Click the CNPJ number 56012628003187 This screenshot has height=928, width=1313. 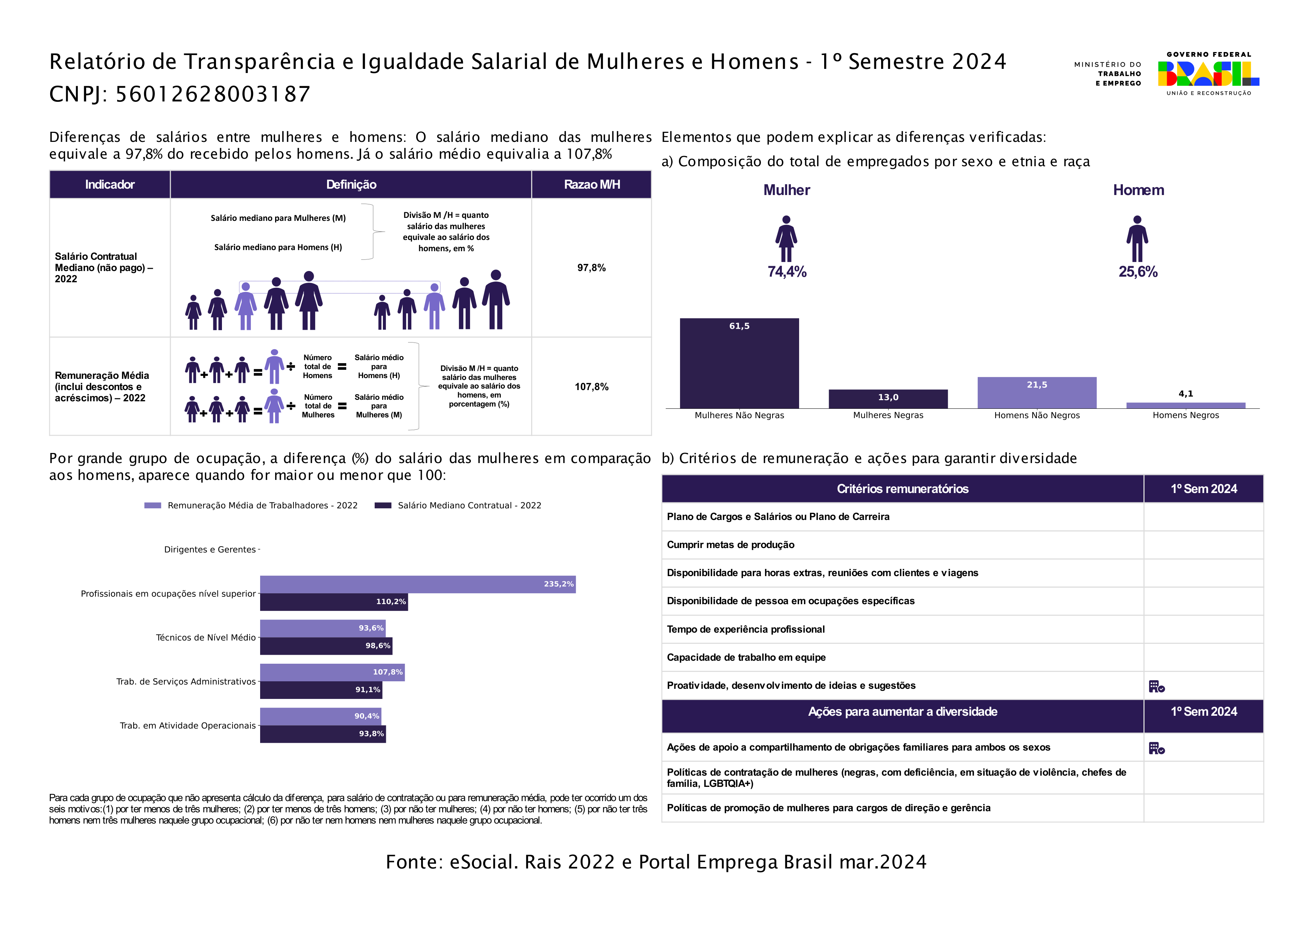coord(213,94)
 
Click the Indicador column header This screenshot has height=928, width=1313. coord(110,185)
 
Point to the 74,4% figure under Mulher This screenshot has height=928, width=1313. coord(786,272)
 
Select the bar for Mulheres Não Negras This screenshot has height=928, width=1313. coord(739,363)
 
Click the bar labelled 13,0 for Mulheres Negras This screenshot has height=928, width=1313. coord(887,399)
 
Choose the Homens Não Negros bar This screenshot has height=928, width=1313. coord(1036,392)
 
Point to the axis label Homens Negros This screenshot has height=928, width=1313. coord(1185,415)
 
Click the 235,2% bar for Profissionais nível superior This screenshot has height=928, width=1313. coord(417,584)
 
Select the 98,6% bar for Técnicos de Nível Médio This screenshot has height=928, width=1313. coord(326,646)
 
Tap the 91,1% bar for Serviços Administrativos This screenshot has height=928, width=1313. coord(321,690)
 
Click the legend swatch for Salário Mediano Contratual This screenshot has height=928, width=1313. coord(383,505)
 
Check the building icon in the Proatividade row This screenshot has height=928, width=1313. coord(1156,686)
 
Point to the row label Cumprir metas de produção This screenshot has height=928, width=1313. coord(730,545)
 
